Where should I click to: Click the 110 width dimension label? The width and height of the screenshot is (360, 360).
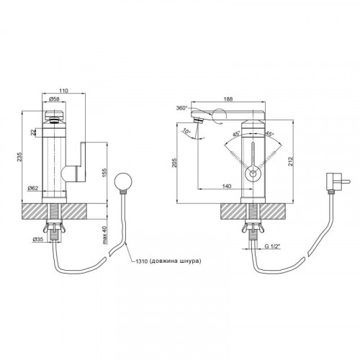[x=64, y=91]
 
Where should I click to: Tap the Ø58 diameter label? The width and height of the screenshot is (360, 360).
[x=54, y=99]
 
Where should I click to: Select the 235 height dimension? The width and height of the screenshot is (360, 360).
[x=19, y=156]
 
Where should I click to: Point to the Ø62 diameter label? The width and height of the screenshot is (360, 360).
[x=32, y=188]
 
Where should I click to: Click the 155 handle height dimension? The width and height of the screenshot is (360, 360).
[x=104, y=173]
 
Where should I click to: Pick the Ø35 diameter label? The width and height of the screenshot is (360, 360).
[x=37, y=239]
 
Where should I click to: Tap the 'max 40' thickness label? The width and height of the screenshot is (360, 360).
[x=104, y=235]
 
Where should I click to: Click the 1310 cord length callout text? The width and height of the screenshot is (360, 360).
[x=168, y=261]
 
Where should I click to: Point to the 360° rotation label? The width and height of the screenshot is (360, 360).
[x=181, y=108]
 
